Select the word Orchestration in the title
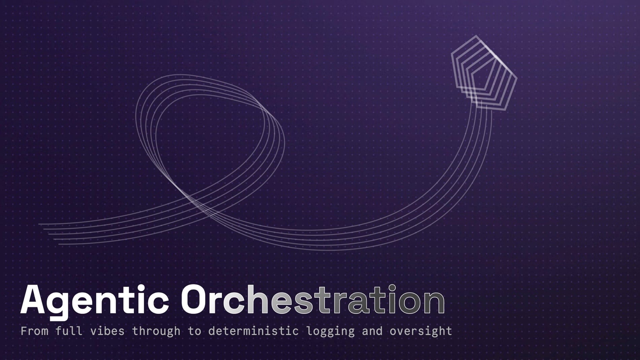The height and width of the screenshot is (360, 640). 313,299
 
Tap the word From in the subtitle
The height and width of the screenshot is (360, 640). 34,331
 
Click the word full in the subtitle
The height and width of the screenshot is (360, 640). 69,331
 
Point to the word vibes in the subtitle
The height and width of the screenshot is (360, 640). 107,331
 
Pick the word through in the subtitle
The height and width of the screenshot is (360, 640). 156,331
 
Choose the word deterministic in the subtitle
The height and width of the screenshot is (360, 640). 254,331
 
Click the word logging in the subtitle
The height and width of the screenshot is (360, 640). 331,331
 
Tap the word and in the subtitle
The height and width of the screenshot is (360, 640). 372,331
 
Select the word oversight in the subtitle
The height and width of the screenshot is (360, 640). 421,331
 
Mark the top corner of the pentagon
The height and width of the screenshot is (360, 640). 476,36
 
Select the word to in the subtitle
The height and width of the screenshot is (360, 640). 194,331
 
